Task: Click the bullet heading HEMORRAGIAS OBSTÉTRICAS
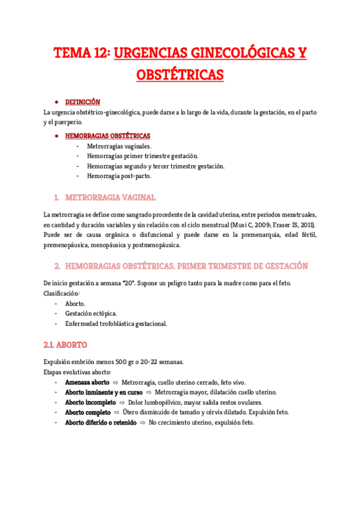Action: tap(108, 136)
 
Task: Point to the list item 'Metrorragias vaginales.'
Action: tap(119, 146)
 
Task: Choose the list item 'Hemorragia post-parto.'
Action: tap(119, 176)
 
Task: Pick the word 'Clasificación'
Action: tap(61, 293)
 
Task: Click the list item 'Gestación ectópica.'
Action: tap(91, 313)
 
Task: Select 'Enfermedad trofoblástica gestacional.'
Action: tap(116, 324)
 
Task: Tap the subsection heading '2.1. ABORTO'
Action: tap(66, 345)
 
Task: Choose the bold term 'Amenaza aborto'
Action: tap(87, 382)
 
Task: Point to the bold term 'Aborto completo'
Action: tap(88, 413)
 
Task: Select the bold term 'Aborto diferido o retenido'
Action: tap(100, 422)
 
